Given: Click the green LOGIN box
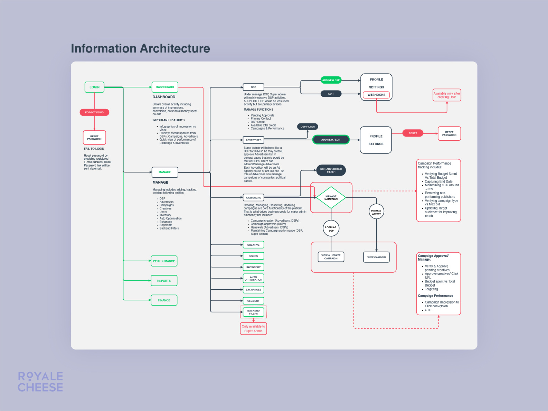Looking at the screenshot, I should pos(94,87).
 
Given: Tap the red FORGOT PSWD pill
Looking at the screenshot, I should pos(94,112).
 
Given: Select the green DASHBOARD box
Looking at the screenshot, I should pos(165,87).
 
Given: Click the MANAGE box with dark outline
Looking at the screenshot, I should pos(165,172).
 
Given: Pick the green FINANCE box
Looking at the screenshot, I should pos(164,300).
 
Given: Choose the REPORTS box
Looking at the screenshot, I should pos(164,281).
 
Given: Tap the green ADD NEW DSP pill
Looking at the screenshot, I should pos(331,80).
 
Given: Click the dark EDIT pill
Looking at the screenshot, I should pos(331,94).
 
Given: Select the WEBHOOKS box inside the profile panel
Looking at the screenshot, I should pos(376,95).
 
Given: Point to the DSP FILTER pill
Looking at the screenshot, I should pos(308,127).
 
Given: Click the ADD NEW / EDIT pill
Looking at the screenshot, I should pos(331,140).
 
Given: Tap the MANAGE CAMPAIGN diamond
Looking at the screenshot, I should pos(331,198).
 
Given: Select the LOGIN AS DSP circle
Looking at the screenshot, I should pos(331,228).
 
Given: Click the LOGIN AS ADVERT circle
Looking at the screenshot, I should pos(376,212).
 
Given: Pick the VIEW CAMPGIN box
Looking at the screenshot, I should pos(376,257).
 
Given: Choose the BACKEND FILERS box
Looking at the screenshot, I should pos(253,312).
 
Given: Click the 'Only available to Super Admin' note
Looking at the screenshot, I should pos(253,329).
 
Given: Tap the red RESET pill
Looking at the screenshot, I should pos(413,133).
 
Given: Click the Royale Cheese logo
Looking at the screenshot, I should pos(40,382).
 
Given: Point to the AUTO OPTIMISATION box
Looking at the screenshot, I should pos(253,278).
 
